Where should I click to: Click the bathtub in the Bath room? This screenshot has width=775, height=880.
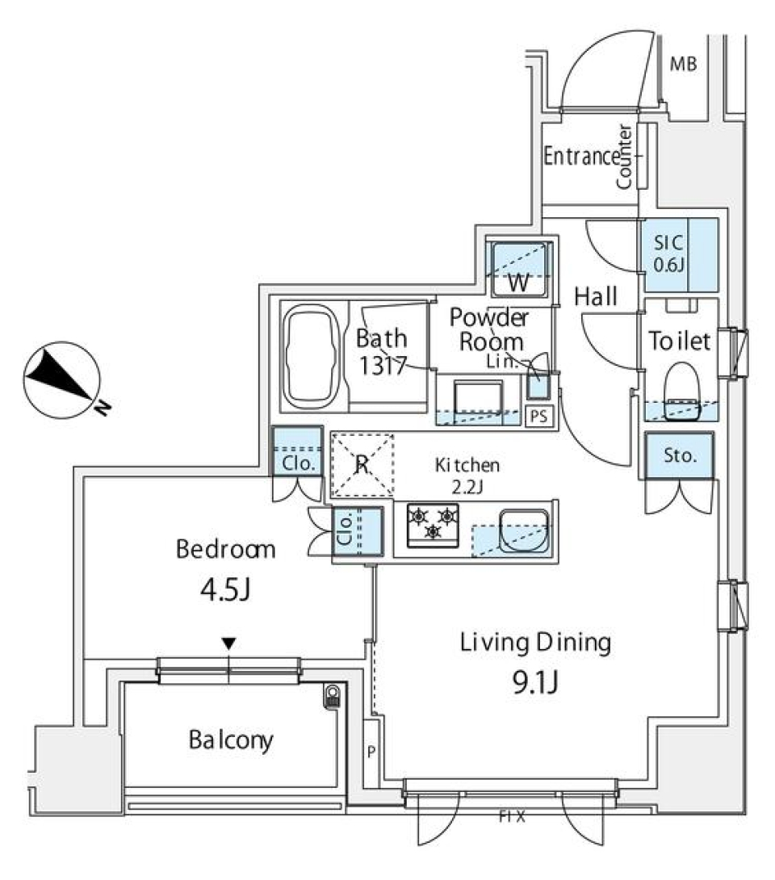click(312, 356)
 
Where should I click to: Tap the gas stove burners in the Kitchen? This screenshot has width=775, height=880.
click(433, 522)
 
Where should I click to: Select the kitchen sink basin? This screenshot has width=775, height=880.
click(524, 530)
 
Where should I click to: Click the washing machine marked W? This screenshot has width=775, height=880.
click(520, 270)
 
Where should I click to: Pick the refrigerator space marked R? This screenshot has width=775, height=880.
click(362, 464)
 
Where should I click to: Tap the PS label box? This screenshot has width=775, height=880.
click(539, 417)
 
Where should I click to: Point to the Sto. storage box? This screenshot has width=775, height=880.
click(680, 455)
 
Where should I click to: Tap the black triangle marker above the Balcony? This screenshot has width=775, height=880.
click(230, 643)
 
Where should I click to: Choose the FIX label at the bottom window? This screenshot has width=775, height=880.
click(512, 817)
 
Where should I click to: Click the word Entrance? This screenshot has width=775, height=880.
click(581, 156)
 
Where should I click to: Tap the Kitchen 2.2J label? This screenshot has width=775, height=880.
click(468, 475)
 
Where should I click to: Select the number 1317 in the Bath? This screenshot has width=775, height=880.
click(382, 364)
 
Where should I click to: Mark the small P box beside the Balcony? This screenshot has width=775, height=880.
click(371, 752)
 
